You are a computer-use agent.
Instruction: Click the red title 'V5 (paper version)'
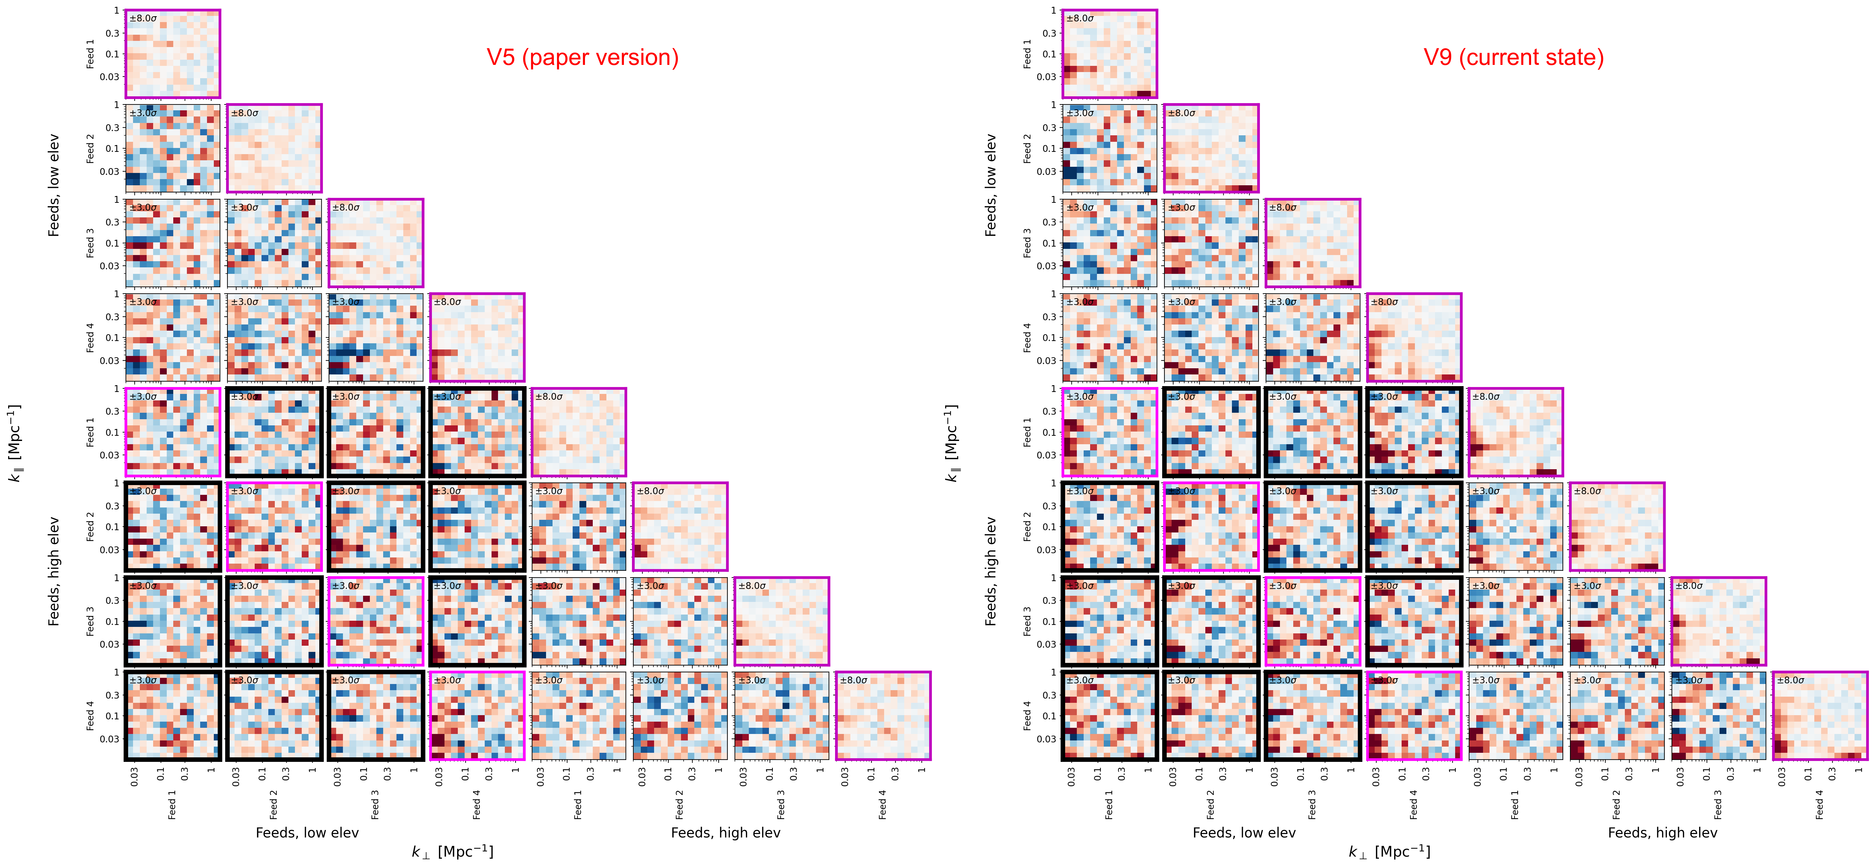pyautogui.click(x=582, y=57)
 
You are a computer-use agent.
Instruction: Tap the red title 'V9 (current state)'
pyautogui.click(x=1513, y=57)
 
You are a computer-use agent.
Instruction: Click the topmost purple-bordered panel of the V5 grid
pyautogui.click(x=172, y=54)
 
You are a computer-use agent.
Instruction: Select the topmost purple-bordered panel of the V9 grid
pyautogui.click(x=1109, y=54)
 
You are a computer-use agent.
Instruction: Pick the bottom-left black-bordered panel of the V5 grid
pyautogui.click(x=172, y=716)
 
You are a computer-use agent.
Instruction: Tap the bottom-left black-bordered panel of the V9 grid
pyautogui.click(x=1109, y=716)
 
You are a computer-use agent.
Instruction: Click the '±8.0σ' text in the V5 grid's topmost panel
pyautogui.click(x=143, y=18)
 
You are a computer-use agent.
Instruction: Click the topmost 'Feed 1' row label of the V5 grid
pyautogui.click(x=90, y=54)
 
